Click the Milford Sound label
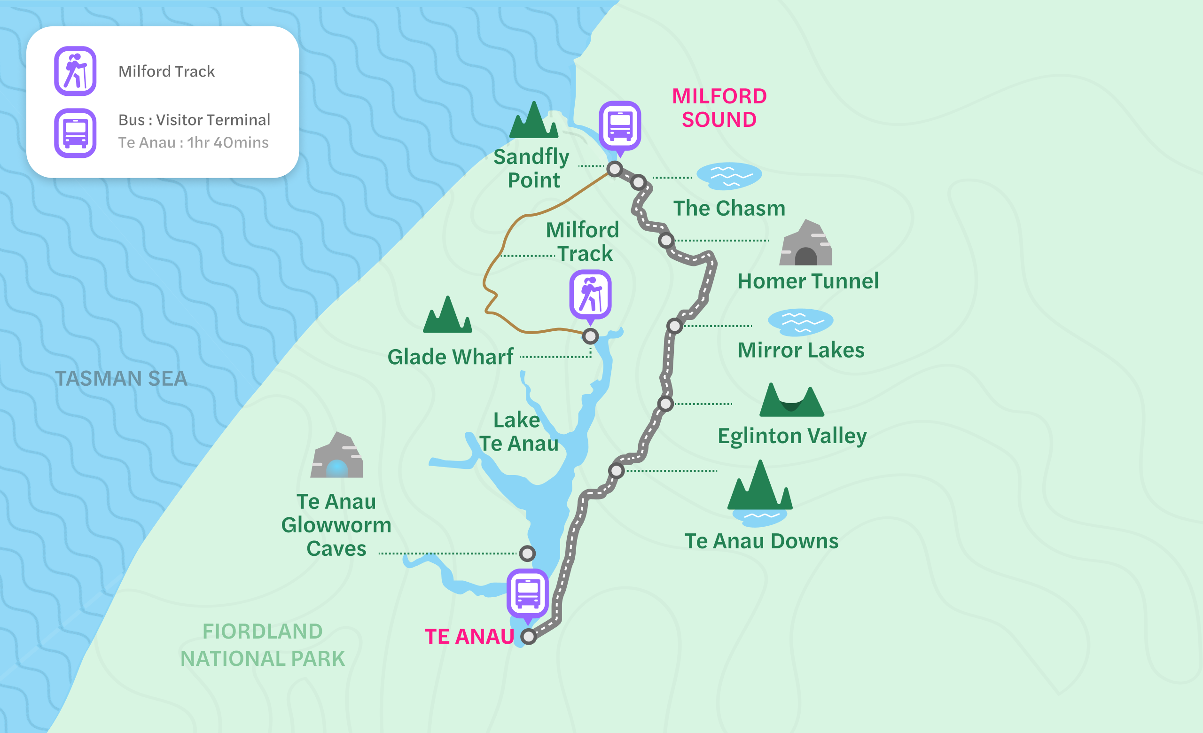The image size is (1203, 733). coord(719,108)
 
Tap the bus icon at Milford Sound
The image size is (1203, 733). coord(620,125)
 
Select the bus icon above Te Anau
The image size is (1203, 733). coord(527,593)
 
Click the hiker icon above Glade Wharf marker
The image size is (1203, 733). coord(590,295)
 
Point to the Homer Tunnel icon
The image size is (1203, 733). coord(805,244)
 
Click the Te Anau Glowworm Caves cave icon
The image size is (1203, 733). coord(336,457)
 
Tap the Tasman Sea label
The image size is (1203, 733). coord(121,379)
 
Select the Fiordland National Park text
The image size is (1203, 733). coord(263,645)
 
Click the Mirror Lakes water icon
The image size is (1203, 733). coord(800,322)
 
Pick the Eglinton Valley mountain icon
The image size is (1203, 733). coord(792,401)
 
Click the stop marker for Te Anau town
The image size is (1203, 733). coord(528,636)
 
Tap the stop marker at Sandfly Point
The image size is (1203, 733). coord(615,169)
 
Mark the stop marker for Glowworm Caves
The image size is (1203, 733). coord(527,554)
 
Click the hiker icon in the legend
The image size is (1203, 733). coord(75,71)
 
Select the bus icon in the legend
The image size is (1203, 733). coord(75,133)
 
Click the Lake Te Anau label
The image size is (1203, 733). coord(518,432)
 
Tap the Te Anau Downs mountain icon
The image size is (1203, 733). coord(760,488)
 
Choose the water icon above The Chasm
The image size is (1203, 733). coord(729,176)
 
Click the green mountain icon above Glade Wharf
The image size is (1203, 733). coord(447,316)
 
